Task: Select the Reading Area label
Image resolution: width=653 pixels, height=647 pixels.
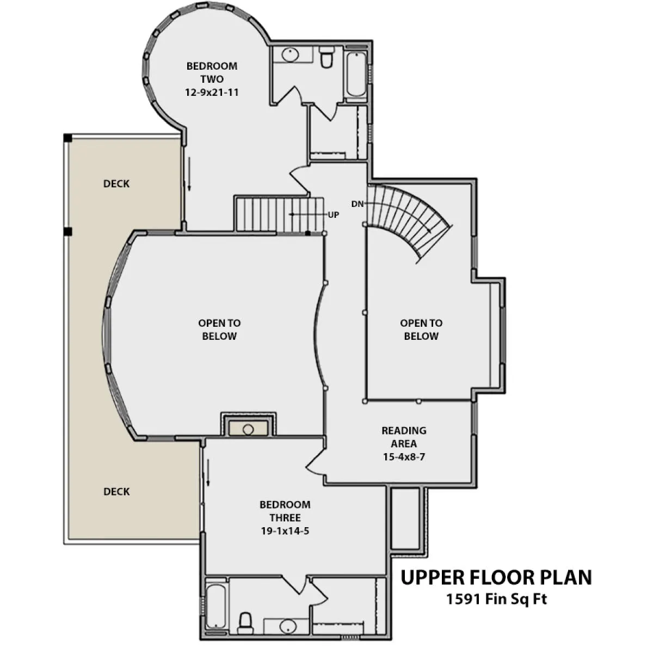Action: (x=404, y=437)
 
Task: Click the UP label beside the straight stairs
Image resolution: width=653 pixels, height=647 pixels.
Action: (x=334, y=215)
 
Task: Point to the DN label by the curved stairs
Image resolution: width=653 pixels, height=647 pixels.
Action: (x=358, y=204)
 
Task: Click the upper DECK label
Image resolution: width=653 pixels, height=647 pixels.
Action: (x=116, y=184)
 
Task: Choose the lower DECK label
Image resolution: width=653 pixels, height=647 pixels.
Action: (x=116, y=492)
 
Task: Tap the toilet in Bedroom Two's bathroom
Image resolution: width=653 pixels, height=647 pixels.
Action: (x=327, y=57)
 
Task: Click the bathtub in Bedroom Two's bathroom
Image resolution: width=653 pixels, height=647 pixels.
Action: (x=356, y=74)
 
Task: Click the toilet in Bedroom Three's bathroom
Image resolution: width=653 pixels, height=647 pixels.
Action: (x=245, y=624)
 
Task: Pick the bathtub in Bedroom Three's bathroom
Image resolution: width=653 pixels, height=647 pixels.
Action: (x=216, y=606)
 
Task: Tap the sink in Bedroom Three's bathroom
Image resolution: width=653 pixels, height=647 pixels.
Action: (x=288, y=626)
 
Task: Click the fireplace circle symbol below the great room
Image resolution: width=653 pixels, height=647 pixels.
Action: (x=248, y=430)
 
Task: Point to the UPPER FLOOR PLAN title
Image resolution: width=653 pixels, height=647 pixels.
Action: (x=496, y=578)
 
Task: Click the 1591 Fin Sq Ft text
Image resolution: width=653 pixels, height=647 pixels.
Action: (x=497, y=599)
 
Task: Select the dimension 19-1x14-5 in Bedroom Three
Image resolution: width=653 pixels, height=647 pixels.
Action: (x=285, y=531)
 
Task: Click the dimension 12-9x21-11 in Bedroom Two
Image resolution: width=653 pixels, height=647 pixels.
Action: (x=212, y=92)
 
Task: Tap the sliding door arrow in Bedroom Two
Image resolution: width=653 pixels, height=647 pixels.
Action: (x=189, y=174)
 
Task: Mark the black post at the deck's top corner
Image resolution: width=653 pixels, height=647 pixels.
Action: (x=68, y=138)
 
